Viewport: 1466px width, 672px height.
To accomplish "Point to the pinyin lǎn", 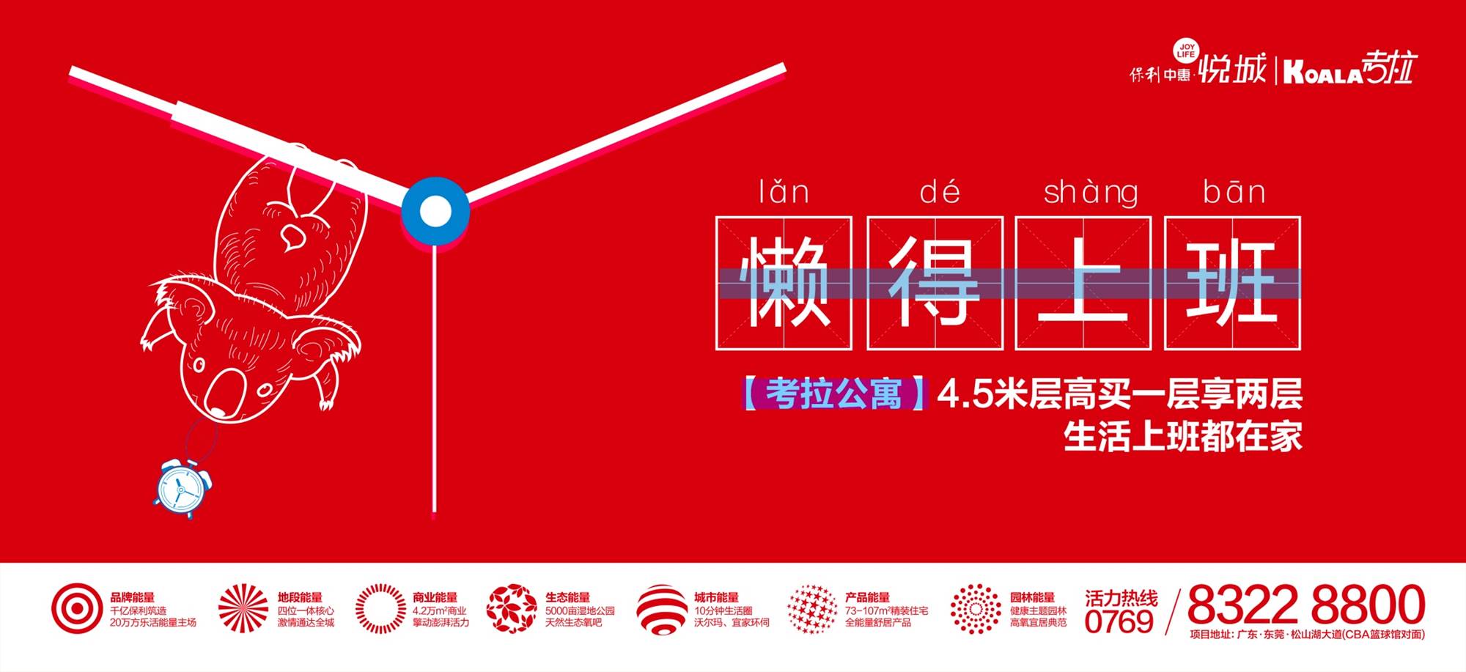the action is [x=784, y=192].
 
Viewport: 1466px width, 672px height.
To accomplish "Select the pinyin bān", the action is [x=1234, y=192].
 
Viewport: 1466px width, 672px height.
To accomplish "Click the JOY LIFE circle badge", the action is [x=1185, y=50].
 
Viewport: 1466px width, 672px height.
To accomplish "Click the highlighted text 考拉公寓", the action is [x=834, y=394].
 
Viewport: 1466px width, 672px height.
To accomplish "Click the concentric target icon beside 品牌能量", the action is [x=77, y=608].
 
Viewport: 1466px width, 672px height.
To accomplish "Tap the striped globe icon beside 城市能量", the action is [x=662, y=609].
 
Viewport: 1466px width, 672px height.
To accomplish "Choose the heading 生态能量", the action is [x=567, y=597].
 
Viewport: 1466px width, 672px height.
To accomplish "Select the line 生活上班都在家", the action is [x=1183, y=437].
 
